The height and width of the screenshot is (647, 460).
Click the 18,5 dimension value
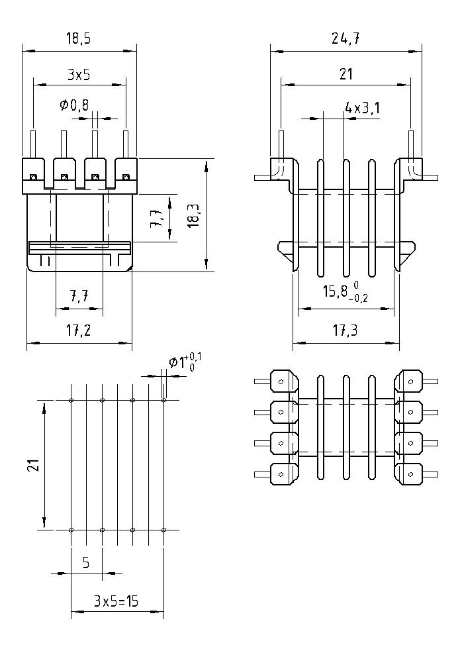pos(79,39)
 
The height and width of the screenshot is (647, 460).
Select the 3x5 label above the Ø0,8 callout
pos(79,75)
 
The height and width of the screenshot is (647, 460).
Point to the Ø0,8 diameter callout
pos(73,105)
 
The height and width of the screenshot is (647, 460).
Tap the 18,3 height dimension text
pos(193,215)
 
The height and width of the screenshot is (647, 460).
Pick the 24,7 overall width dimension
pos(345,39)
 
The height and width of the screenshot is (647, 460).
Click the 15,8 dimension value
pos(333,292)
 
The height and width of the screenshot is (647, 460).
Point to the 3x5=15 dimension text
pos(116,602)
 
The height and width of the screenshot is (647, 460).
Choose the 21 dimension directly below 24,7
pos(345,74)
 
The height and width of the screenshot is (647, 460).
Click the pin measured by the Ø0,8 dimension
pos(95,143)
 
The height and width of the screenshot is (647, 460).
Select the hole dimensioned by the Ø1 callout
pos(163,400)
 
